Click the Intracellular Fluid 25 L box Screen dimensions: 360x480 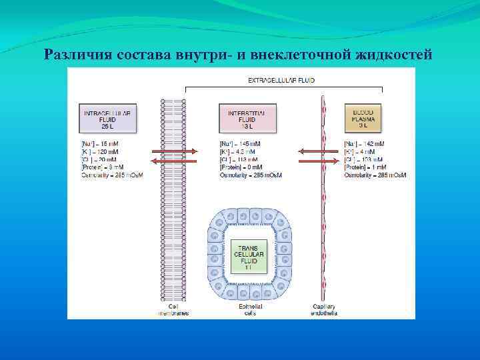107,118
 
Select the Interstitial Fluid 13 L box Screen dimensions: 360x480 247,118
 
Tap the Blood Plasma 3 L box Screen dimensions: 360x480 364,118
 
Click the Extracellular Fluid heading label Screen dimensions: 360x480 281,80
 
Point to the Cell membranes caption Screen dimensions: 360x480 173,310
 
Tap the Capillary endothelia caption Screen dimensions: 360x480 324,310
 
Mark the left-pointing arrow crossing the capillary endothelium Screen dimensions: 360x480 319,151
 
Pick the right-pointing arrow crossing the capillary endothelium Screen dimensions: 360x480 319,161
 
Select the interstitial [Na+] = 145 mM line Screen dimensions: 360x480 240,144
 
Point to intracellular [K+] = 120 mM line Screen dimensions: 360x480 100,151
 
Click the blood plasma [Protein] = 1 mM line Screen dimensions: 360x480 364,167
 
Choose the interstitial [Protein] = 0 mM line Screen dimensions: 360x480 241,167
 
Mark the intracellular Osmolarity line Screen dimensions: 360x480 107,175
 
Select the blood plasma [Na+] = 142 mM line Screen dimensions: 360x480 364,144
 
